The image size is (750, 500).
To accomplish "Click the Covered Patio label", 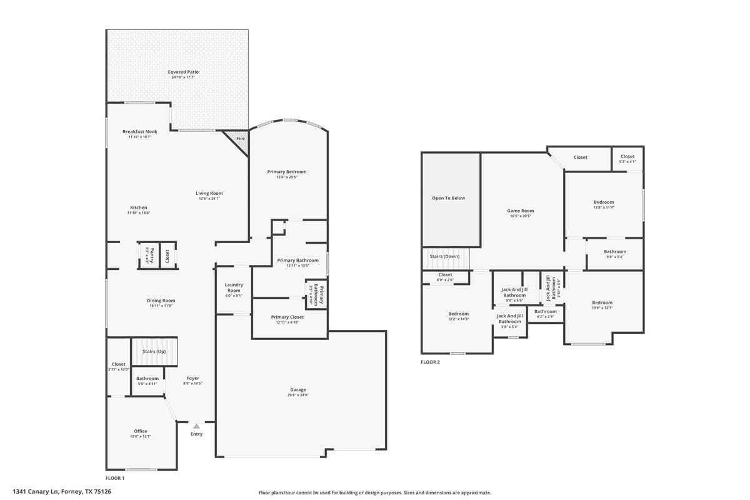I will tap(183, 72).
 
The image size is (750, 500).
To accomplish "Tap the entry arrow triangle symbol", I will tap(196, 426).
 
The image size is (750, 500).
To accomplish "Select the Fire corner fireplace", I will tap(239, 139).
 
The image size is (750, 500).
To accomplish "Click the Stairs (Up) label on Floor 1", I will tap(154, 351).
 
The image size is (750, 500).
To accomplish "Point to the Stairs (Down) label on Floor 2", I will tap(444, 256).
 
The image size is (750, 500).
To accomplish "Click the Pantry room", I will tap(149, 256).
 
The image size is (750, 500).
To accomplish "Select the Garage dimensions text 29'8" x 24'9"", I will tap(298, 395).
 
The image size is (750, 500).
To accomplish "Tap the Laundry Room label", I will tap(234, 287).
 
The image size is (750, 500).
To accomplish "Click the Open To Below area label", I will tap(449, 198).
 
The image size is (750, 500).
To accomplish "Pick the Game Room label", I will tap(520, 211).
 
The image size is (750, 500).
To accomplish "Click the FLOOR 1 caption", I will tap(115, 478).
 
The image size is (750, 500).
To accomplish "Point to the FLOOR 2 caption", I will tap(430, 362).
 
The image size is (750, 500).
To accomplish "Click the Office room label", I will tap(141, 431).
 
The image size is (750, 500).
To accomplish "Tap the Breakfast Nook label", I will tap(140, 132).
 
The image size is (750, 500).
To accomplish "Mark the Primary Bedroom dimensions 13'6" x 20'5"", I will tap(287, 177).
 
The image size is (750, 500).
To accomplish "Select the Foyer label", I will tap(192, 379).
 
